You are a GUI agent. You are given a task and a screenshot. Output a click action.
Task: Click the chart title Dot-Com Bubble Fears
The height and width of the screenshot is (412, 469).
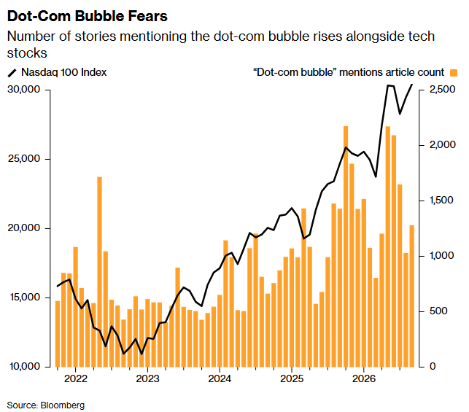(x=88, y=16)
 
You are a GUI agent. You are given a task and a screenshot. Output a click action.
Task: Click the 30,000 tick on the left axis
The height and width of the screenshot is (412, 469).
(x=24, y=90)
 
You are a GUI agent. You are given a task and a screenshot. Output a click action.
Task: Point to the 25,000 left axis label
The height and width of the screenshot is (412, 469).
(x=24, y=159)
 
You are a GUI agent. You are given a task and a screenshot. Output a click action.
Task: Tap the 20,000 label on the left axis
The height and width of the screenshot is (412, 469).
(x=24, y=228)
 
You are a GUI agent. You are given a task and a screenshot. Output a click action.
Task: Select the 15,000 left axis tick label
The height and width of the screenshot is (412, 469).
(x=25, y=298)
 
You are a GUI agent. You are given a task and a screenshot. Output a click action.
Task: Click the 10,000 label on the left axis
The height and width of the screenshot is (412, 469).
(x=25, y=367)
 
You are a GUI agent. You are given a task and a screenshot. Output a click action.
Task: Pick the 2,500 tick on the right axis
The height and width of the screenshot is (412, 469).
(x=443, y=90)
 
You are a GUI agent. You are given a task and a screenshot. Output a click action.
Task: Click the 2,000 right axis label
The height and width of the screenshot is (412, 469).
(x=443, y=145)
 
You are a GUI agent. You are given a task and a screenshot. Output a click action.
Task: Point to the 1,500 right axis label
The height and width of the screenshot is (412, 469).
(x=442, y=201)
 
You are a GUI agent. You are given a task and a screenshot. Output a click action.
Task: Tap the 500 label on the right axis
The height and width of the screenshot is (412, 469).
(x=438, y=311)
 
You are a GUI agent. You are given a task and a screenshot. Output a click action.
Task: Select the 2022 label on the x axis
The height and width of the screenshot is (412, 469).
(x=76, y=378)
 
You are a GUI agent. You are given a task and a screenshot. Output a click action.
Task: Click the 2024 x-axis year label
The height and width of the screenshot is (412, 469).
(x=220, y=378)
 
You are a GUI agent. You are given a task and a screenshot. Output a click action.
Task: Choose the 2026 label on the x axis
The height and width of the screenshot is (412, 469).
(x=364, y=378)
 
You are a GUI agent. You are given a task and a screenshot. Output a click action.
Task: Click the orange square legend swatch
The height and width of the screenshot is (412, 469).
(x=454, y=73)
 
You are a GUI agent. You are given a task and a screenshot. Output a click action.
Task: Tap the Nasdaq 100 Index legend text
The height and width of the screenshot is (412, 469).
(x=64, y=72)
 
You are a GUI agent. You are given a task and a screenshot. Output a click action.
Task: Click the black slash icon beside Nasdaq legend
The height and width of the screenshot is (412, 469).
(x=12, y=73)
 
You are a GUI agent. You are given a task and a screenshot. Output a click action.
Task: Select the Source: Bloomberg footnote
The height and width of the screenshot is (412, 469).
(x=46, y=405)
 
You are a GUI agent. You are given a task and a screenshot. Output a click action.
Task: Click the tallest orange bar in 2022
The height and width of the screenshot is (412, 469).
(x=100, y=272)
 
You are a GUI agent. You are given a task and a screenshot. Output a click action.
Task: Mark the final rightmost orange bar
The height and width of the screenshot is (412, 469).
(x=412, y=296)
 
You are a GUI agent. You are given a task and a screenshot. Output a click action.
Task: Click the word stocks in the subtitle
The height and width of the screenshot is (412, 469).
(x=27, y=53)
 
